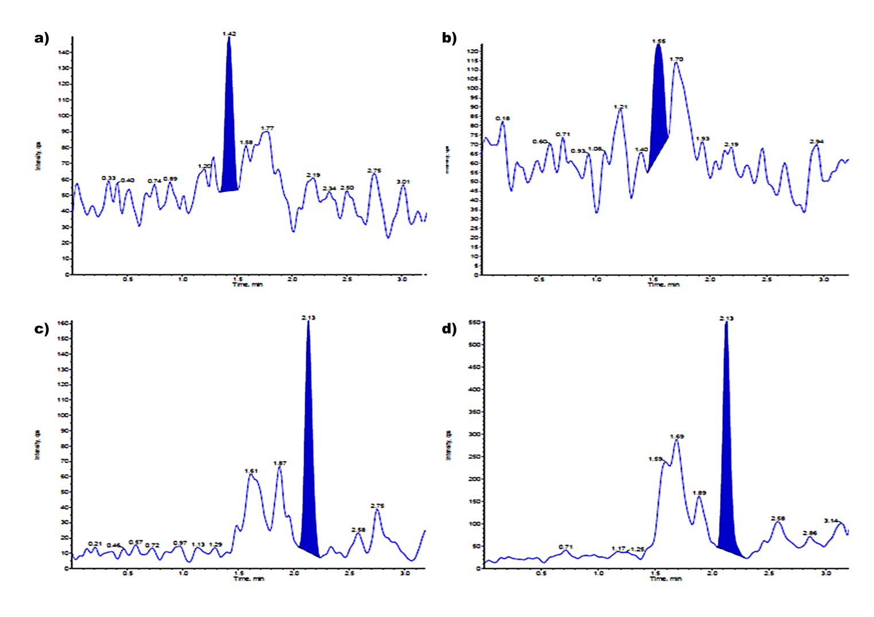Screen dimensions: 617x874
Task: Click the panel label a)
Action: pyautogui.click(x=41, y=38)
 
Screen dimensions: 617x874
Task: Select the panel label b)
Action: pyautogui.click(x=449, y=38)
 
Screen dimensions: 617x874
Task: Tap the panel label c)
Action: pyautogui.click(x=41, y=329)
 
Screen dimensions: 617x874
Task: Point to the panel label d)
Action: pyautogui.click(x=449, y=329)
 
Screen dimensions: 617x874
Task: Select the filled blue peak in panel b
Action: pyautogui.click(x=658, y=109)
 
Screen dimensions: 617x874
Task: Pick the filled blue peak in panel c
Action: pyautogui.click(x=308, y=458)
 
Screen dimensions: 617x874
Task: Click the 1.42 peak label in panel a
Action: pyautogui.click(x=229, y=34)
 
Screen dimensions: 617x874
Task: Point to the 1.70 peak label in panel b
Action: pyautogui.click(x=676, y=59)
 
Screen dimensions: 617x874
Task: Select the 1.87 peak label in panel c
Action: pyautogui.click(x=279, y=463)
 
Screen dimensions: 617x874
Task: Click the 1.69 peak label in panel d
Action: pyautogui.click(x=677, y=437)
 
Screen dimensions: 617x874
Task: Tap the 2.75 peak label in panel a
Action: pyautogui.click(x=374, y=171)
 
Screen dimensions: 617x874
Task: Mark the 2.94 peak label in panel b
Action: pyautogui.click(x=817, y=142)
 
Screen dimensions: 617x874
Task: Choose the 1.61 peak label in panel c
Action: pyautogui.click(x=251, y=471)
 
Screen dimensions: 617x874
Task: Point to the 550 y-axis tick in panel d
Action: pyautogui.click(x=474, y=323)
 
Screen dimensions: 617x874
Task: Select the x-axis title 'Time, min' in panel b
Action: pyautogui.click(x=664, y=285)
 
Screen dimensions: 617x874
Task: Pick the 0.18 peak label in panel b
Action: pyautogui.click(x=502, y=119)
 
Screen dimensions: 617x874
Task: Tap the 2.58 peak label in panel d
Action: pyautogui.click(x=778, y=518)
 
